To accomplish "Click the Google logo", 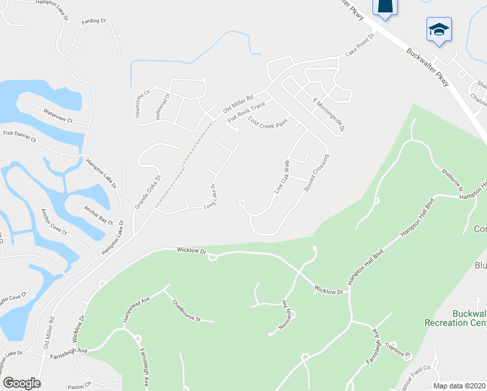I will point(21,383).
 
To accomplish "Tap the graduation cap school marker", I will point(439,29).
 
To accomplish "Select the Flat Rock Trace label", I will point(246,113).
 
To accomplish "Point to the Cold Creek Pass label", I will point(268,122).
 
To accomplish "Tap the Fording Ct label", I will point(94,22).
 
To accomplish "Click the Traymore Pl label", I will point(398,347).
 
